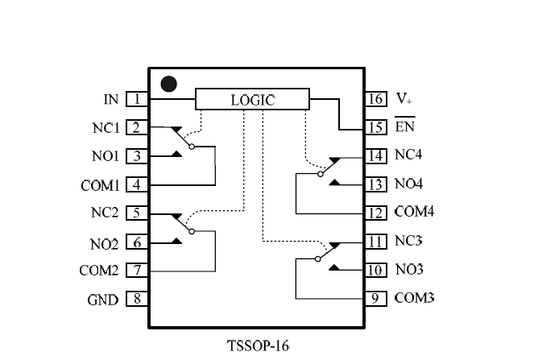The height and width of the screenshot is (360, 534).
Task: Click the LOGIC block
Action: pos(253,100)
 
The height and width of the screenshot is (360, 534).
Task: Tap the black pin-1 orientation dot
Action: pos(168,83)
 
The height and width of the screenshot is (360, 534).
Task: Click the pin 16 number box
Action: pos(375,100)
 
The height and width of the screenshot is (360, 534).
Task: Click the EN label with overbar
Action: pos(404,127)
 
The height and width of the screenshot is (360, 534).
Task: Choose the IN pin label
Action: pos(111,100)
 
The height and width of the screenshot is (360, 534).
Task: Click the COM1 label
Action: pos(100,185)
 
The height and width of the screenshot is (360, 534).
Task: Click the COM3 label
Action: pos(414,298)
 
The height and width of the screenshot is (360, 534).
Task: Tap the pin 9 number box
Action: pos(375,298)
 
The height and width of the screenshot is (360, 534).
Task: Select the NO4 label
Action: pos(409,184)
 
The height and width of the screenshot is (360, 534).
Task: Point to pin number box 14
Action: pos(375,155)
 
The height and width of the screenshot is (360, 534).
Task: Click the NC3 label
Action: pos(409,241)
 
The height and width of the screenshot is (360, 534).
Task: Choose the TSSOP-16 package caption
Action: pos(258,346)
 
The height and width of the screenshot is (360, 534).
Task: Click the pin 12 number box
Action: pos(375,213)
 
